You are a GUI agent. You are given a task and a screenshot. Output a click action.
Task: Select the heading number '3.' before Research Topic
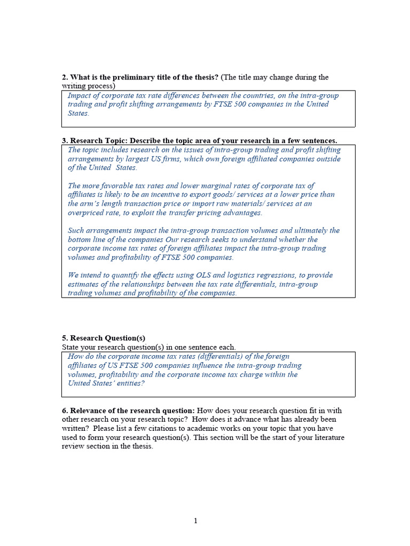[65, 141]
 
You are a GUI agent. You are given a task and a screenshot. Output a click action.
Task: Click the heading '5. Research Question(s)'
[104, 338]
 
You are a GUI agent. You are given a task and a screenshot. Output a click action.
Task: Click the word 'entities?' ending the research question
[128, 383]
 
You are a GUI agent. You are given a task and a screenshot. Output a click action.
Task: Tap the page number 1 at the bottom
[195, 521]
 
